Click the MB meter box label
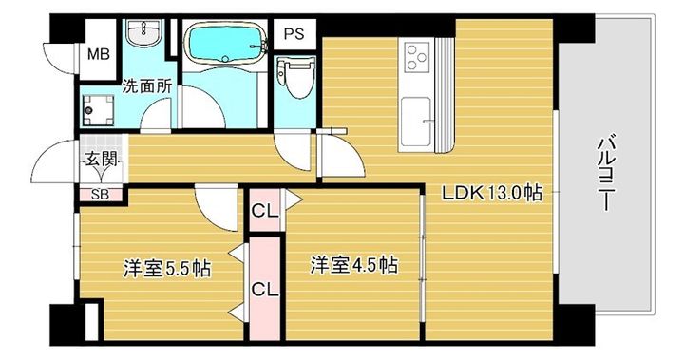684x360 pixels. [x=99, y=53]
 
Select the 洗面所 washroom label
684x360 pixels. [x=147, y=85]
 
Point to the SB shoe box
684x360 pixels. [x=98, y=194]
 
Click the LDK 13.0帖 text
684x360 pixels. [x=491, y=193]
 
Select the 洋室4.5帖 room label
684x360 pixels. [x=352, y=265]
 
